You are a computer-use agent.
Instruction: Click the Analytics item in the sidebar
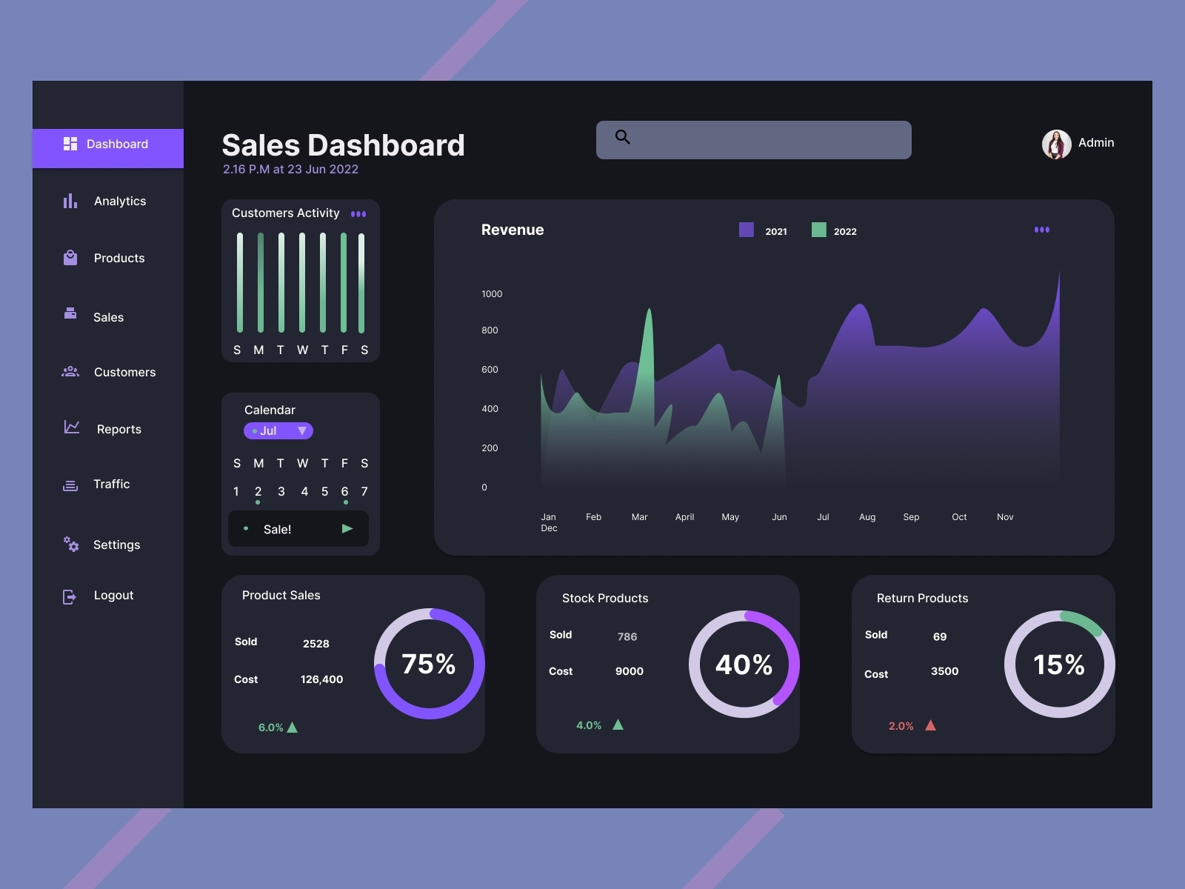118,202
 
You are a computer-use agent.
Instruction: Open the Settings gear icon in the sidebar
71,545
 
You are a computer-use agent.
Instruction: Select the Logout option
113,596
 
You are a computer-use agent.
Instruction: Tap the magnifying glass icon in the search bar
623,137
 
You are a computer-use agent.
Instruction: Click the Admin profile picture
1056,144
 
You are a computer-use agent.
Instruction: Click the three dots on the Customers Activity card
358,214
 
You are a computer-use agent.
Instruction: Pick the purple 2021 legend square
747,230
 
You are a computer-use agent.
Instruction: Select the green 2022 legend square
818,230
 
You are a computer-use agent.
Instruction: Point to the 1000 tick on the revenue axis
492,294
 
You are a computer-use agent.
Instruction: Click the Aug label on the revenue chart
867,517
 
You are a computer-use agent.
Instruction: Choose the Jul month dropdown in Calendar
278,430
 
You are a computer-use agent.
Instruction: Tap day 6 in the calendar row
344,492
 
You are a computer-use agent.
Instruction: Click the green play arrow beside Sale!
347,529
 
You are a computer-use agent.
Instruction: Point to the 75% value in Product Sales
429,664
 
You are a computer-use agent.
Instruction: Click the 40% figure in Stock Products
744,665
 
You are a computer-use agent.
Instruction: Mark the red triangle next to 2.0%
930,725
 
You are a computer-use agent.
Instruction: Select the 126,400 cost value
321,679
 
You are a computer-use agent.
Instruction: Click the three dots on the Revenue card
1041,230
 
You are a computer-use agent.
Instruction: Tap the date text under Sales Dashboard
290,170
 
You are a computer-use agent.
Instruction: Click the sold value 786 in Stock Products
627,636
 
